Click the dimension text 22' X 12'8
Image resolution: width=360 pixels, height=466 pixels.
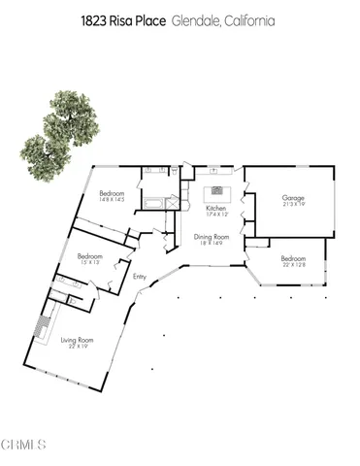click(x=292, y=265)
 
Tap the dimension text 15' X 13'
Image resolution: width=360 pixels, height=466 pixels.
click(x=90, y=262)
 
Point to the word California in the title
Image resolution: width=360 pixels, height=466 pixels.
click(x=249, y=19)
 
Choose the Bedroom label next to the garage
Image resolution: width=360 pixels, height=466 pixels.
click(x=292, y=258)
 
